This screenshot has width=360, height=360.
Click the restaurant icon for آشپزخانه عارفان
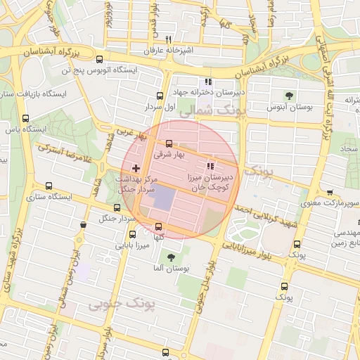(167, 40)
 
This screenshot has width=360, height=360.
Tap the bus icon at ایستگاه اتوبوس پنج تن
(99, 60)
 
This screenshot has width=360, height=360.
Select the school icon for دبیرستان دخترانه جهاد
(207, 81)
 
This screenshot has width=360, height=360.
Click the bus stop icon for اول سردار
(159, 96)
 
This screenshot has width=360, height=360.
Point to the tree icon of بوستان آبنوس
(288, 96)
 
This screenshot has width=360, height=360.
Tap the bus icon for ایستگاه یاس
(26, 118)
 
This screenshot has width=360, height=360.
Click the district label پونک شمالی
(210, 110)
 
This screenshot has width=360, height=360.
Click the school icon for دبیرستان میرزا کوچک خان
(209, 167)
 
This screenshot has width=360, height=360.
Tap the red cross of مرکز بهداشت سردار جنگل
(136, 169)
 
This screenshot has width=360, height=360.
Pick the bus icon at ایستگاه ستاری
(48, 186)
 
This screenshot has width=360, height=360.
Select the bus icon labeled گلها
(158, 226)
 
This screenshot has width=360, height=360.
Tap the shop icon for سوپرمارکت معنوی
(330, 193)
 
